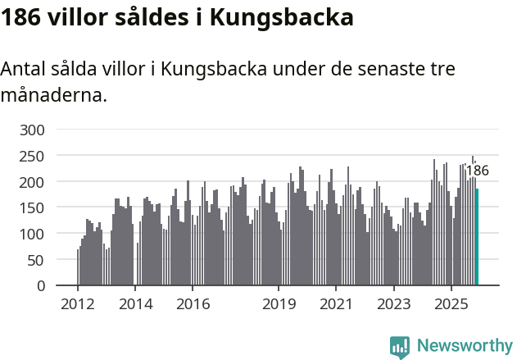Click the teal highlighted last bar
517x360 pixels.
[477, 237]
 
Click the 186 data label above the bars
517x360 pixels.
[477, 171]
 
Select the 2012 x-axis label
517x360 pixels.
[78, 304]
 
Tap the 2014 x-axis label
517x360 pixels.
[135, 304]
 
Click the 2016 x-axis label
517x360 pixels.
[193, 304]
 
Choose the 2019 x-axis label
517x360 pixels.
[279, 304]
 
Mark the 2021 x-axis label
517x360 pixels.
[336, 304]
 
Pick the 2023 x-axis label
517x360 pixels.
[393, 304]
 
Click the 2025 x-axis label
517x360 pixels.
[451, 304]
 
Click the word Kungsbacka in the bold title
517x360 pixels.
[283, 18]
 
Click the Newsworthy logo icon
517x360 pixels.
[400, 347]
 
